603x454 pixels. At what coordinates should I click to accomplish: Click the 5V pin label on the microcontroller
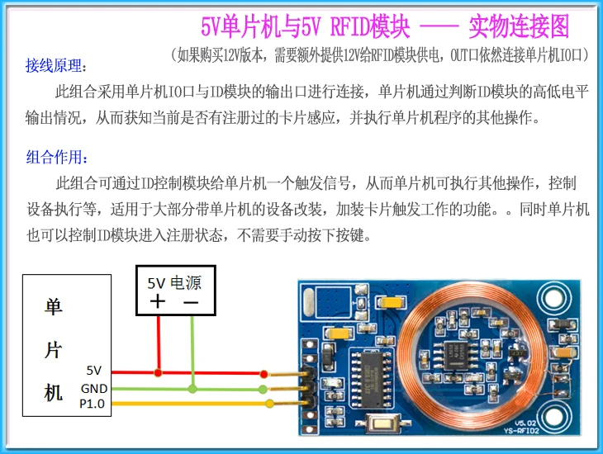pos(93,371)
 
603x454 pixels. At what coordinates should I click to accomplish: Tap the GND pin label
pos(93,388)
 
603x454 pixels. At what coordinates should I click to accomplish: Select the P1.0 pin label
pos(92,404)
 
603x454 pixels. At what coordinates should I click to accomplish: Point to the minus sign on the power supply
pos(191,303)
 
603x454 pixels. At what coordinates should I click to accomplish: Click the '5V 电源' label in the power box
pos(174,283)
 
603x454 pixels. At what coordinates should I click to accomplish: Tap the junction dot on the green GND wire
pos(192,388)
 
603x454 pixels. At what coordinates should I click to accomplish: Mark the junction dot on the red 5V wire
pos(159,372)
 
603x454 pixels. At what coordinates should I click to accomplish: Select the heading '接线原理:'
pos(56,65)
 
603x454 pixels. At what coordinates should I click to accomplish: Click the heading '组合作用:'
pos(56,157)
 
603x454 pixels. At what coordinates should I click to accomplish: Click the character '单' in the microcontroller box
pos(53,306)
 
